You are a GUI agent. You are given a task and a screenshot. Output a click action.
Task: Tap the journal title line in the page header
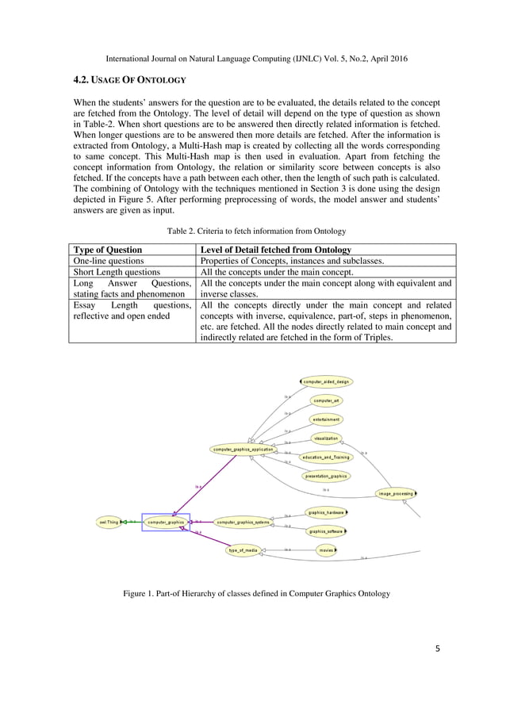pos(252,59)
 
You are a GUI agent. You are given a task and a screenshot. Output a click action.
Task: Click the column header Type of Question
pos(108,249)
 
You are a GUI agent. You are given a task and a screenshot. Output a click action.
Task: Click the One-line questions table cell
pos(109,260)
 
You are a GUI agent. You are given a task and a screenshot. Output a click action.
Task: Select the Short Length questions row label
pos(116,271)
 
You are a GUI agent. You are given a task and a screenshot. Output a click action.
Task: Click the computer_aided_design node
pos(326,381)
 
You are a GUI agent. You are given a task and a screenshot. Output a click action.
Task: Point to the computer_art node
pos(326,400)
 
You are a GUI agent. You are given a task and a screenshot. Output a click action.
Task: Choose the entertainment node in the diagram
pos(326,419)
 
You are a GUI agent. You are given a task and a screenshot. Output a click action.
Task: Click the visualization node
pos(326,438)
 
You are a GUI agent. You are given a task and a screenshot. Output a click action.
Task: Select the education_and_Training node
pos(326,458)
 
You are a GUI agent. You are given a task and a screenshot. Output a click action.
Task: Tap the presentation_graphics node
pos(326,477)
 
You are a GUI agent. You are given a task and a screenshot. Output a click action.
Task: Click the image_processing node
pos(395,493)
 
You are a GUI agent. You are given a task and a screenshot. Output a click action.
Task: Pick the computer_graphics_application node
pos(243,449)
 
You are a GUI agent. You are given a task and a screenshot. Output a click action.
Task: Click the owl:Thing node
pos(108,523)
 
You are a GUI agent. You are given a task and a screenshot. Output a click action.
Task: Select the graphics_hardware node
pos(326,512)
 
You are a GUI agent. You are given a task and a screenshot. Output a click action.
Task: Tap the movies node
pos(326,549)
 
